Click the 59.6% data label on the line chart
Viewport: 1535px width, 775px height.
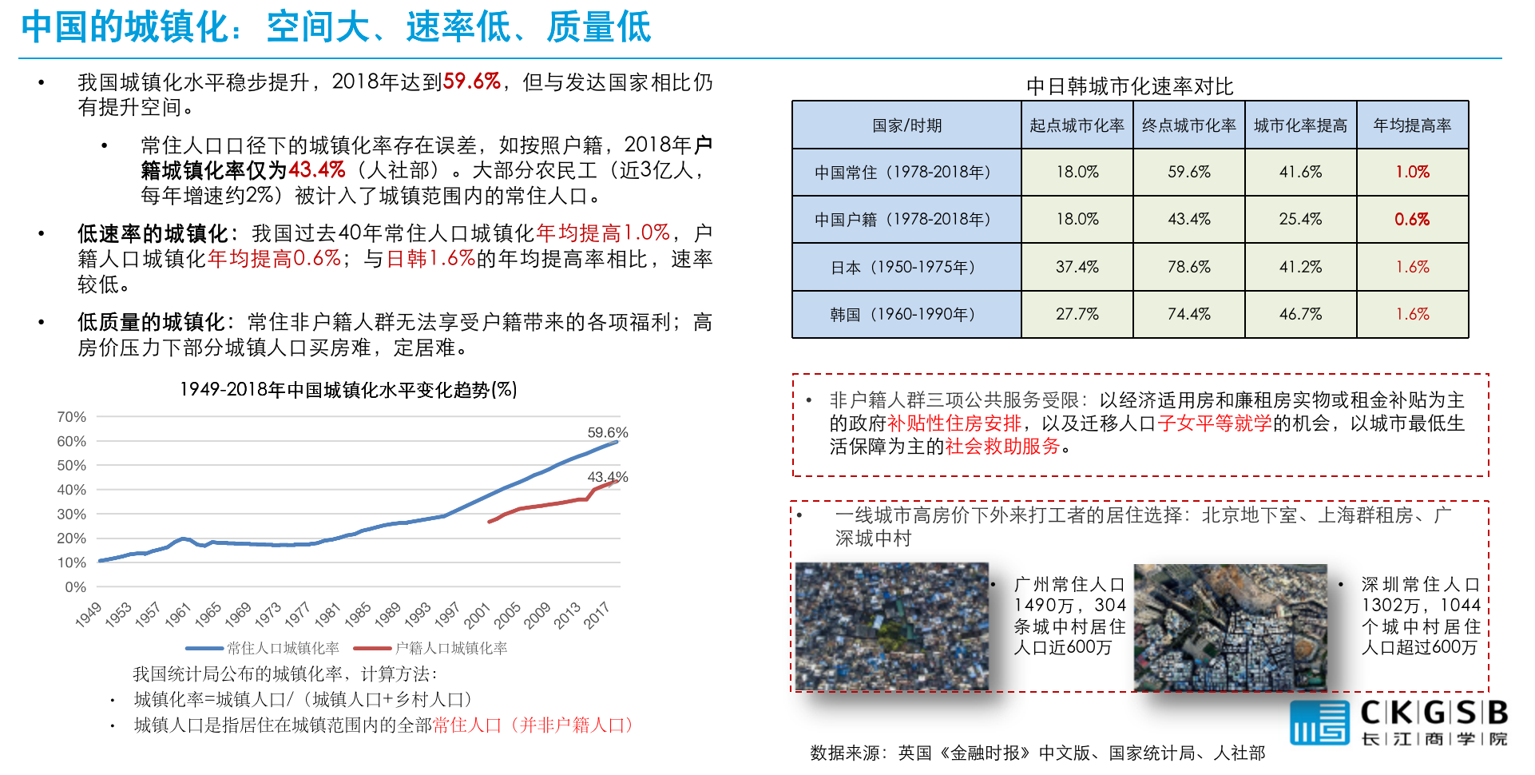pyautogui.click(x=607, y=432)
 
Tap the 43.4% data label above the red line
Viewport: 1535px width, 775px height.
pyautogui.click(x=607, y=477)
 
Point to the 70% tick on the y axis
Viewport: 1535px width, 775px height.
pyautogui.click(x=72, y=417)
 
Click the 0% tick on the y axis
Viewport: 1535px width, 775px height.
pyautogui.click(x=75, y=587)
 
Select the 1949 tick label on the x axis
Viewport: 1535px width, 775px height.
pyautogui.click(x=89, y=614)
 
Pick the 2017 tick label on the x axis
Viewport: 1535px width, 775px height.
pyautogui.click(x=597, y=615)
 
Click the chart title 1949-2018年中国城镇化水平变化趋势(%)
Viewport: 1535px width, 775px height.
pyautogui.click(x=348, y=390)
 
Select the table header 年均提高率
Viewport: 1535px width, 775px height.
pyautogui.click(x=1412, y=125)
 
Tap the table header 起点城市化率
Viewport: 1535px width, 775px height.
pyautogui.click(x=1077, y=125)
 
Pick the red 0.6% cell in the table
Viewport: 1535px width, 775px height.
pyautogui.click(x=1412, y=219)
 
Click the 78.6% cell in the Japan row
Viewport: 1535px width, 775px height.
pyautogui.click(x=1188, y=267)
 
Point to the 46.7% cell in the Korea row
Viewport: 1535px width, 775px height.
pyautogui.click(x=1300, y=314)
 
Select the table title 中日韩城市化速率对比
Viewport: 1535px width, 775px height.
pyautogui.click(x=1129, y=86)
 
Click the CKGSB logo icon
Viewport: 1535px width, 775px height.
pyautogui.click(x=1319, y=722)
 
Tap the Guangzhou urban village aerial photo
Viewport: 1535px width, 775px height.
pyautogui.click(x=891, y=626)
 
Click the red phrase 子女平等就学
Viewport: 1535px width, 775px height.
pyautogui.click(x=1214, y=423)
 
